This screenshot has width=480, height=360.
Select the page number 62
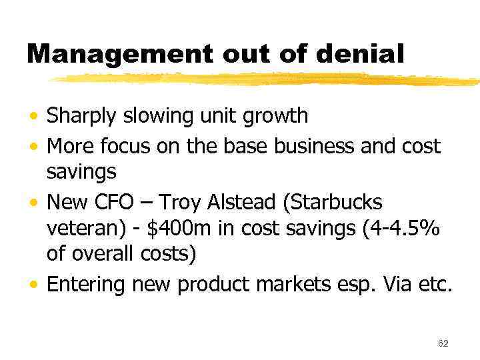pyautogui.click(x=443, y=343)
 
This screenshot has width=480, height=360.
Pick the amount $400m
pyautogui.click(x=177, y=229)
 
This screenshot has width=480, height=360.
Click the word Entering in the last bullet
pyautogui.click(x=85, y=285)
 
